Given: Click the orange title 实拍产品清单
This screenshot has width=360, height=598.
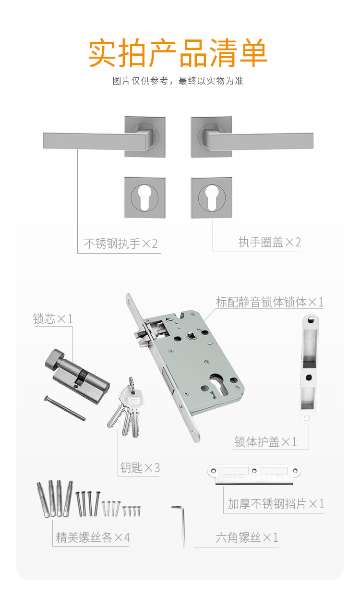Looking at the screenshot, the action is (x=178, y=52).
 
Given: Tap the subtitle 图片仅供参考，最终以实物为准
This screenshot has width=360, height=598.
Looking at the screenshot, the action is (x=178, y=81).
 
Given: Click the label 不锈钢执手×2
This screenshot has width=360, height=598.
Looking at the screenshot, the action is (x=121, y=244).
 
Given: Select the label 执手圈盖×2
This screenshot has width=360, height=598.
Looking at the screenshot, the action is (x=270, y=242).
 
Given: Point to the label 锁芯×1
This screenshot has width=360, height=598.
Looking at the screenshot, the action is (x=53, y=319).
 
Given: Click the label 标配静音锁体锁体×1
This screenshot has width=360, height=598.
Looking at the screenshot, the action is (x=270, y=302).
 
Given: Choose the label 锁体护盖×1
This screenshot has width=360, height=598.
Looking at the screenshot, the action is (x=266, y=442).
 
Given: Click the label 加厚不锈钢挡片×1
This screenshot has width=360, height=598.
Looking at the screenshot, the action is (x=276, y=504).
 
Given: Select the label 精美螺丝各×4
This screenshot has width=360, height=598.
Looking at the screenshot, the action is (x=93, y=537).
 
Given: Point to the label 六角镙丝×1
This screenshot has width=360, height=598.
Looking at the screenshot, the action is (x=247, y=537).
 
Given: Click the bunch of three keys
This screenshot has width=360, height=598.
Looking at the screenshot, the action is (x=127, y=408).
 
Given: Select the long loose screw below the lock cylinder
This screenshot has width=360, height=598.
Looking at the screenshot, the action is (x=65, y=408).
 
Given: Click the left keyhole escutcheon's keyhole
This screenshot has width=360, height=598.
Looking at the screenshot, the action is (x=144, y=198).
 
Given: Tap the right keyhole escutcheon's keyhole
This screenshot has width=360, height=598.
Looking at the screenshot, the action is (x=212, y=198).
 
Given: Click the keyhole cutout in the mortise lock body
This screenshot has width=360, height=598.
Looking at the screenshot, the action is (x=219, y=384).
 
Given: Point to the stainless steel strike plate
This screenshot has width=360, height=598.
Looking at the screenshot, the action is (x=254, y=475).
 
